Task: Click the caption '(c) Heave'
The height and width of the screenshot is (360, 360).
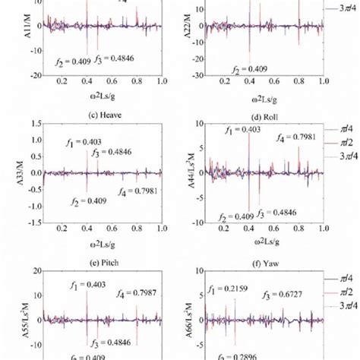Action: coord(98,112)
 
